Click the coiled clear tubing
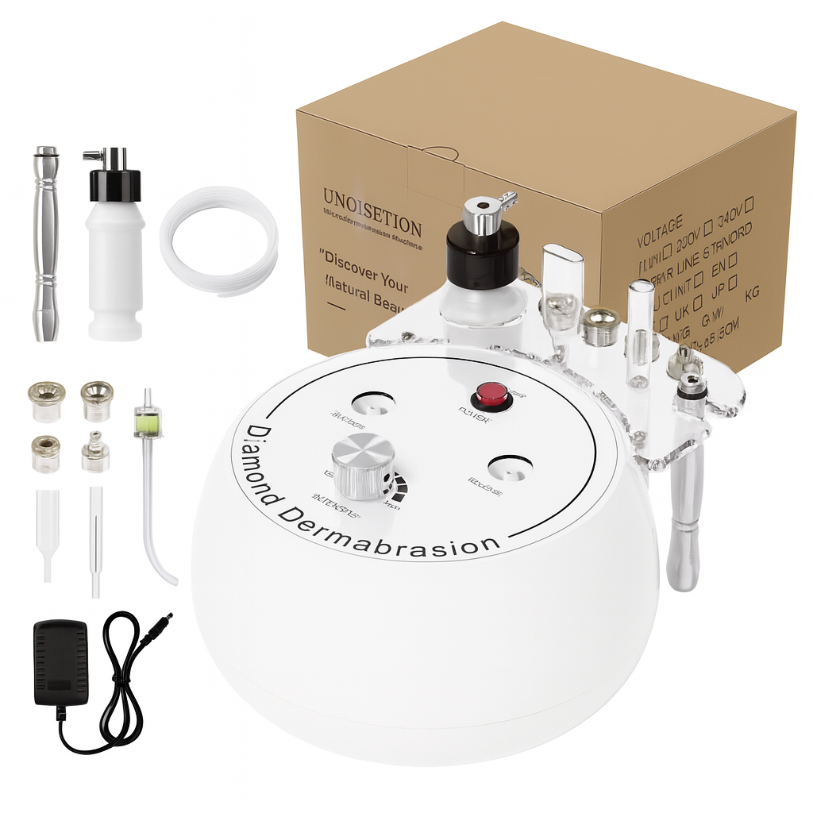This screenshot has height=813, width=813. pyautogui.click(x=219, y=241)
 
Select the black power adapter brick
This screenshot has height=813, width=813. pyautogui.click(x=60, y=663)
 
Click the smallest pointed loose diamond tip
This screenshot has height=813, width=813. pyautogui.click(x=94, y=452)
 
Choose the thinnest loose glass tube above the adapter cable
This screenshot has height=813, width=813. pyautogui.click(x=95, y=540)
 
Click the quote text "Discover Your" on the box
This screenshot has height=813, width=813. pyautogui.click(x=365, y=261)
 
